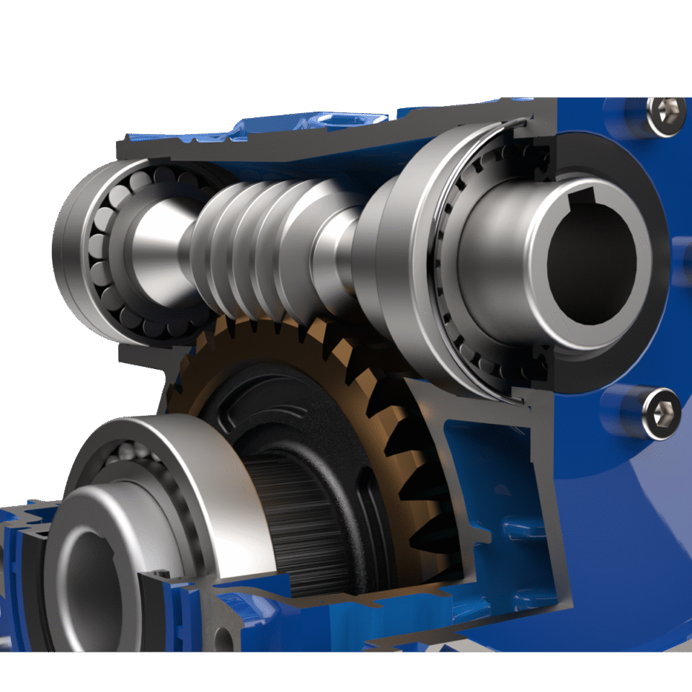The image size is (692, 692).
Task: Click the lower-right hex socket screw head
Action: coord(662,412)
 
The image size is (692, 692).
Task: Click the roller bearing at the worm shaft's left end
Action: coord(108,245)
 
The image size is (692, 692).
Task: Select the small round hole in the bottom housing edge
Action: coord(225,637)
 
